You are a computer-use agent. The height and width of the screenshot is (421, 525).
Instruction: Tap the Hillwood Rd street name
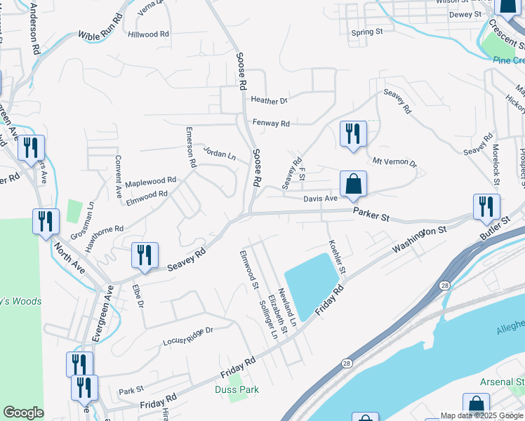[x=149, y=34]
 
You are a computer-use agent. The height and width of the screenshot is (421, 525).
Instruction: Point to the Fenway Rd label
[x=271, y=123]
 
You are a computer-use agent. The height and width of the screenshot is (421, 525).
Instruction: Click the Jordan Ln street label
[x=219, y=152]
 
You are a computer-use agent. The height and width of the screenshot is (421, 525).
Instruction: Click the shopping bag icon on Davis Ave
[x=354, y=185]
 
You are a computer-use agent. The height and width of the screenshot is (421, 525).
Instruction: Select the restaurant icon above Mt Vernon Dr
[x=353, y=134]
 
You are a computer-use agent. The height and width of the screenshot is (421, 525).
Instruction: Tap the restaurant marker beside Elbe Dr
[x=145, y=255]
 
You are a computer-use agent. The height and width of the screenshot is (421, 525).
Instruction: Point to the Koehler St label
[x=338, y=258]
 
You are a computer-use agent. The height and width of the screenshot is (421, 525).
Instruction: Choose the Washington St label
[x=420, y=239]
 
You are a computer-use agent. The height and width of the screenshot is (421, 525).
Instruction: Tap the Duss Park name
[x=237, y=389]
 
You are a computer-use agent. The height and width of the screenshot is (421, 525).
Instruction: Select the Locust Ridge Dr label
[x=187, y=336]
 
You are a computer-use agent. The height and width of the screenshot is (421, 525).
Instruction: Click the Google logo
[x=23, y=413]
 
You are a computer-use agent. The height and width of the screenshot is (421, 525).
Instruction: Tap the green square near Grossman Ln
[x=74, y=210]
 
